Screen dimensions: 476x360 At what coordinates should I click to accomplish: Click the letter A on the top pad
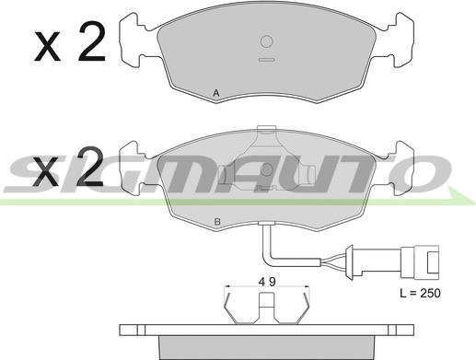pos(216,93)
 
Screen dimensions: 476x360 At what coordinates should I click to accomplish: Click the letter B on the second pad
pos(217,222)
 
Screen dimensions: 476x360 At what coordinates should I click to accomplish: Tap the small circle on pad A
pos(266,41)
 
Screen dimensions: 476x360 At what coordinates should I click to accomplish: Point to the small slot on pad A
pos(266,60)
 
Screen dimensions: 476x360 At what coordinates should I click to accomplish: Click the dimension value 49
pos(267,282)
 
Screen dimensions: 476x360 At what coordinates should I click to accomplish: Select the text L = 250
pos(420,293)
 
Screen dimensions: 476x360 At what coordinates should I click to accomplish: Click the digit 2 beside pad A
pos(91,41)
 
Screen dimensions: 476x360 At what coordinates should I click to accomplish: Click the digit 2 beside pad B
pos(89,167)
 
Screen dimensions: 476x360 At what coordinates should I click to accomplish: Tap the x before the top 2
pos(47,46)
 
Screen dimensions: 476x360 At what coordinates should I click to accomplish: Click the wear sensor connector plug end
pos(420,262)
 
